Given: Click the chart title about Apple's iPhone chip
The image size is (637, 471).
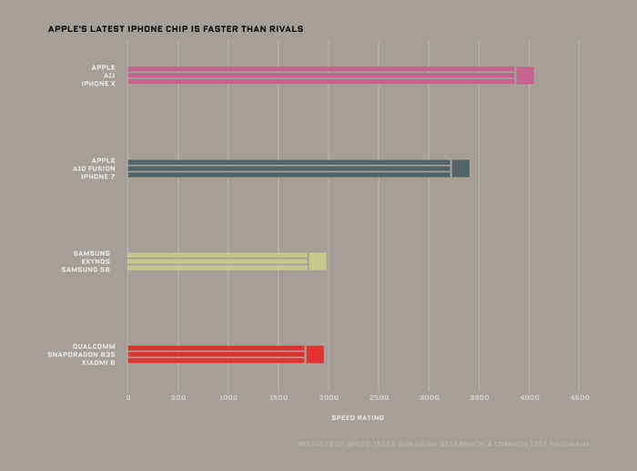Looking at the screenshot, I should click(x=175, y=29).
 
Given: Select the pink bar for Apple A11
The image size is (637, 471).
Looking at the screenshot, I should click(x=320, y=75).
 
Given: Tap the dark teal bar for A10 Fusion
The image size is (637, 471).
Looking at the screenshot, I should click(x=288, y=169).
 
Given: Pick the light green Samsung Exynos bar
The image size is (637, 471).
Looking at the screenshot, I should click(x=217, y=261).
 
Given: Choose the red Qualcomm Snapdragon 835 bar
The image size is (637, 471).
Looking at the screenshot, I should click(x=216, y=354).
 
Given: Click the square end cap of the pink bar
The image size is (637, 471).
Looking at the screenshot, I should click(x=525, y=75).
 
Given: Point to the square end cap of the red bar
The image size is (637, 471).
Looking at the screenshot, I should click(x=315, y=354).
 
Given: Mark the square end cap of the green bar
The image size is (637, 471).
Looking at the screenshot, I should click(x=318, y=261).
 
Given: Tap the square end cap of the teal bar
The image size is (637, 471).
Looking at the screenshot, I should click(x=460, y=169).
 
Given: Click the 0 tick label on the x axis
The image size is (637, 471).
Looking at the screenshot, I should click(x=127, y=398).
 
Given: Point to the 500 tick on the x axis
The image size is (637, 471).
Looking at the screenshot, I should click(x=178, y=398).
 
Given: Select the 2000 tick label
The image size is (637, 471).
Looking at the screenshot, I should click(x=329, y=398).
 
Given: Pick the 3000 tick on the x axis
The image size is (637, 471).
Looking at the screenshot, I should click(x=430, y=398).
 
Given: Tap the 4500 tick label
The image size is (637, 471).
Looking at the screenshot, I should click(x=580, y=398).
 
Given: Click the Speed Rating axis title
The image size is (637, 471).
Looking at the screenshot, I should click(x=357, y=418).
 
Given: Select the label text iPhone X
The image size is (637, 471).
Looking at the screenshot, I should click(x=98, y=83).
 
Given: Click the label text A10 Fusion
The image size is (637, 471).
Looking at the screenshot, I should click(x=95, y=169).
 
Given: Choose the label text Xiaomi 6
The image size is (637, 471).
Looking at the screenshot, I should click(x=98, y=363).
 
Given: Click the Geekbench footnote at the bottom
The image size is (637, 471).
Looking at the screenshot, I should click(x=443, y=444).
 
